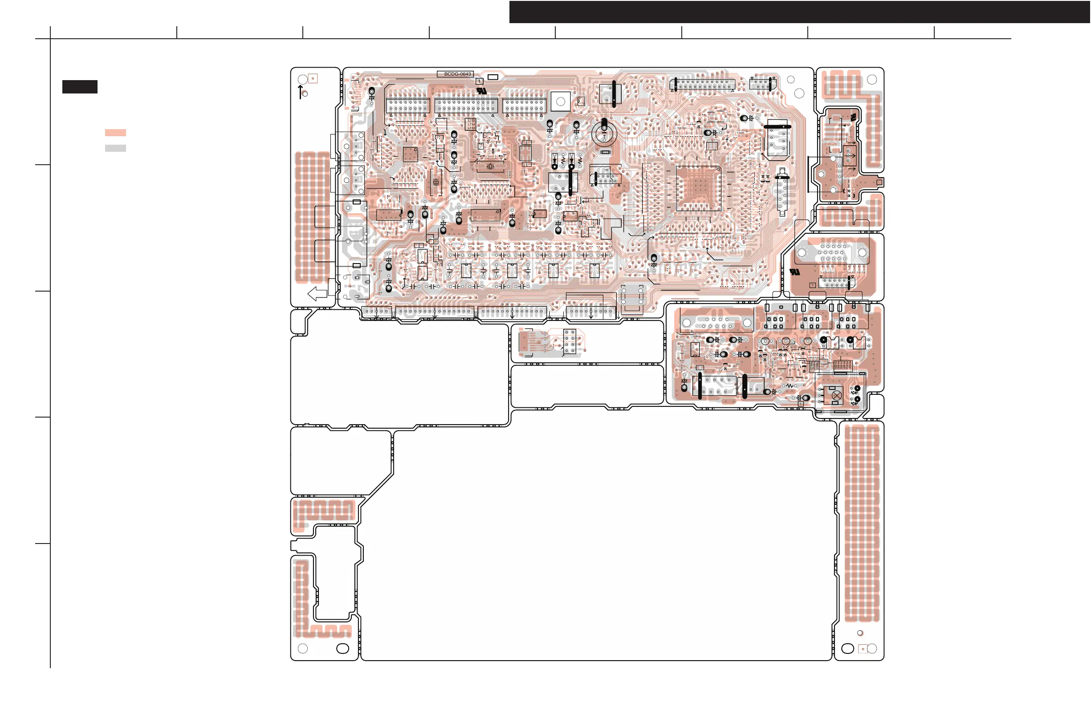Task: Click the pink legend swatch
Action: coord(115,132)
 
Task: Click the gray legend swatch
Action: coord(115,148)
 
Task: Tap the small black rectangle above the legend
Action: coord(80,87)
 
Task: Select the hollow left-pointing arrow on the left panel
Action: coord(317,293)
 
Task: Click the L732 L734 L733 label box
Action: coord(471,124)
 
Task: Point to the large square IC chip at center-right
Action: coord(698,188)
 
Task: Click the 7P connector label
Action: coord(606,170)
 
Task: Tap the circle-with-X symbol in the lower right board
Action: coord(837,395)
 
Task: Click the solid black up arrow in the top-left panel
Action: coord(300,91)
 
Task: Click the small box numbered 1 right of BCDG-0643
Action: coord(479,81)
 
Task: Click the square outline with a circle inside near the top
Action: coord(560,101)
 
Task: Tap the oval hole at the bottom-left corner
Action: coord(342,648)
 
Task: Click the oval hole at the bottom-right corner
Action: coord(847,648)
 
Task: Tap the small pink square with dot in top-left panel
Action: coord(313,78)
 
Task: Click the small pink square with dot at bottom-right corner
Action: coord(862,649)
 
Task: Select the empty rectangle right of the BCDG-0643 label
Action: coord(493,77)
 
